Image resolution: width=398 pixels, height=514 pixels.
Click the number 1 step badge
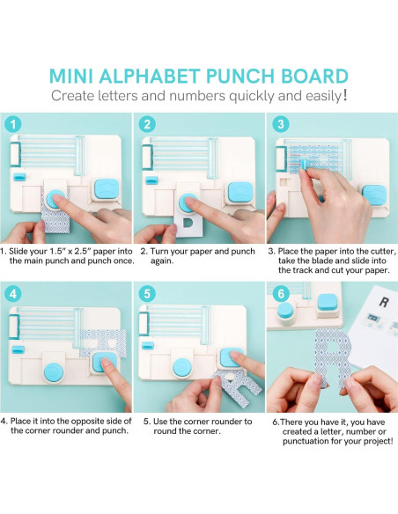13,124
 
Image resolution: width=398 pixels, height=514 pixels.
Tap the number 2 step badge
147,124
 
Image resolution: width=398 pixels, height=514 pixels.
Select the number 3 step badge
281,124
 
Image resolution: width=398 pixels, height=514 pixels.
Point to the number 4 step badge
13,293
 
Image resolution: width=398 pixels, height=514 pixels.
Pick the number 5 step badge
147,293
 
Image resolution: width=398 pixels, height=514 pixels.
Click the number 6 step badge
281,293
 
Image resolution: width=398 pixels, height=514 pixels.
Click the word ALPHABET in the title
150,76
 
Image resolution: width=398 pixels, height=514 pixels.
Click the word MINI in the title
71,76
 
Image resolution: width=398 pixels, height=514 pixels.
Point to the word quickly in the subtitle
252,97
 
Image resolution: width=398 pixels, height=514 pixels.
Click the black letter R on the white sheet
384,302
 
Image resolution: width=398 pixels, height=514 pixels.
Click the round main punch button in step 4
54,372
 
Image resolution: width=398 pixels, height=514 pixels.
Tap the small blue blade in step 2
151,180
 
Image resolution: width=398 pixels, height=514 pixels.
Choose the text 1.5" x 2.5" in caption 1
70,252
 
